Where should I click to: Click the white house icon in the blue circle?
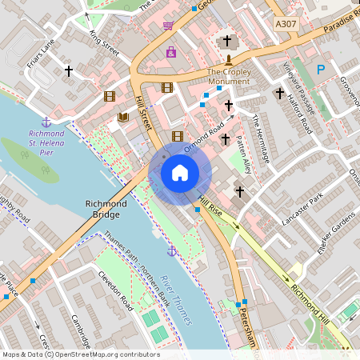[x=180, y=173]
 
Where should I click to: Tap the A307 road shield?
[x=286, y=25]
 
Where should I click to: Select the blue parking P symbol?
[x=321, y=70]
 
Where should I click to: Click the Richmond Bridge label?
[x=106, y=210]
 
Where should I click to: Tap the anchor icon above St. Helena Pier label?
[x=46, y=122]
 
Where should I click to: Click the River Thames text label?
[x=177, y=298]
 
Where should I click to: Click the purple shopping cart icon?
[x=168, y=26]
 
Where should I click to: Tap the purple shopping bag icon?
[x=171, y=52]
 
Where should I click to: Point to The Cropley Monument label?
[x=229, y=77]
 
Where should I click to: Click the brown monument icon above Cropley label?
[x=228, y=60]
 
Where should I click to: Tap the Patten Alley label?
[x=244, y=154]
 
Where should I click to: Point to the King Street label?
[x=104, y=43]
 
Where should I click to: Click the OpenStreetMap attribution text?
[x=80, y=354]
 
